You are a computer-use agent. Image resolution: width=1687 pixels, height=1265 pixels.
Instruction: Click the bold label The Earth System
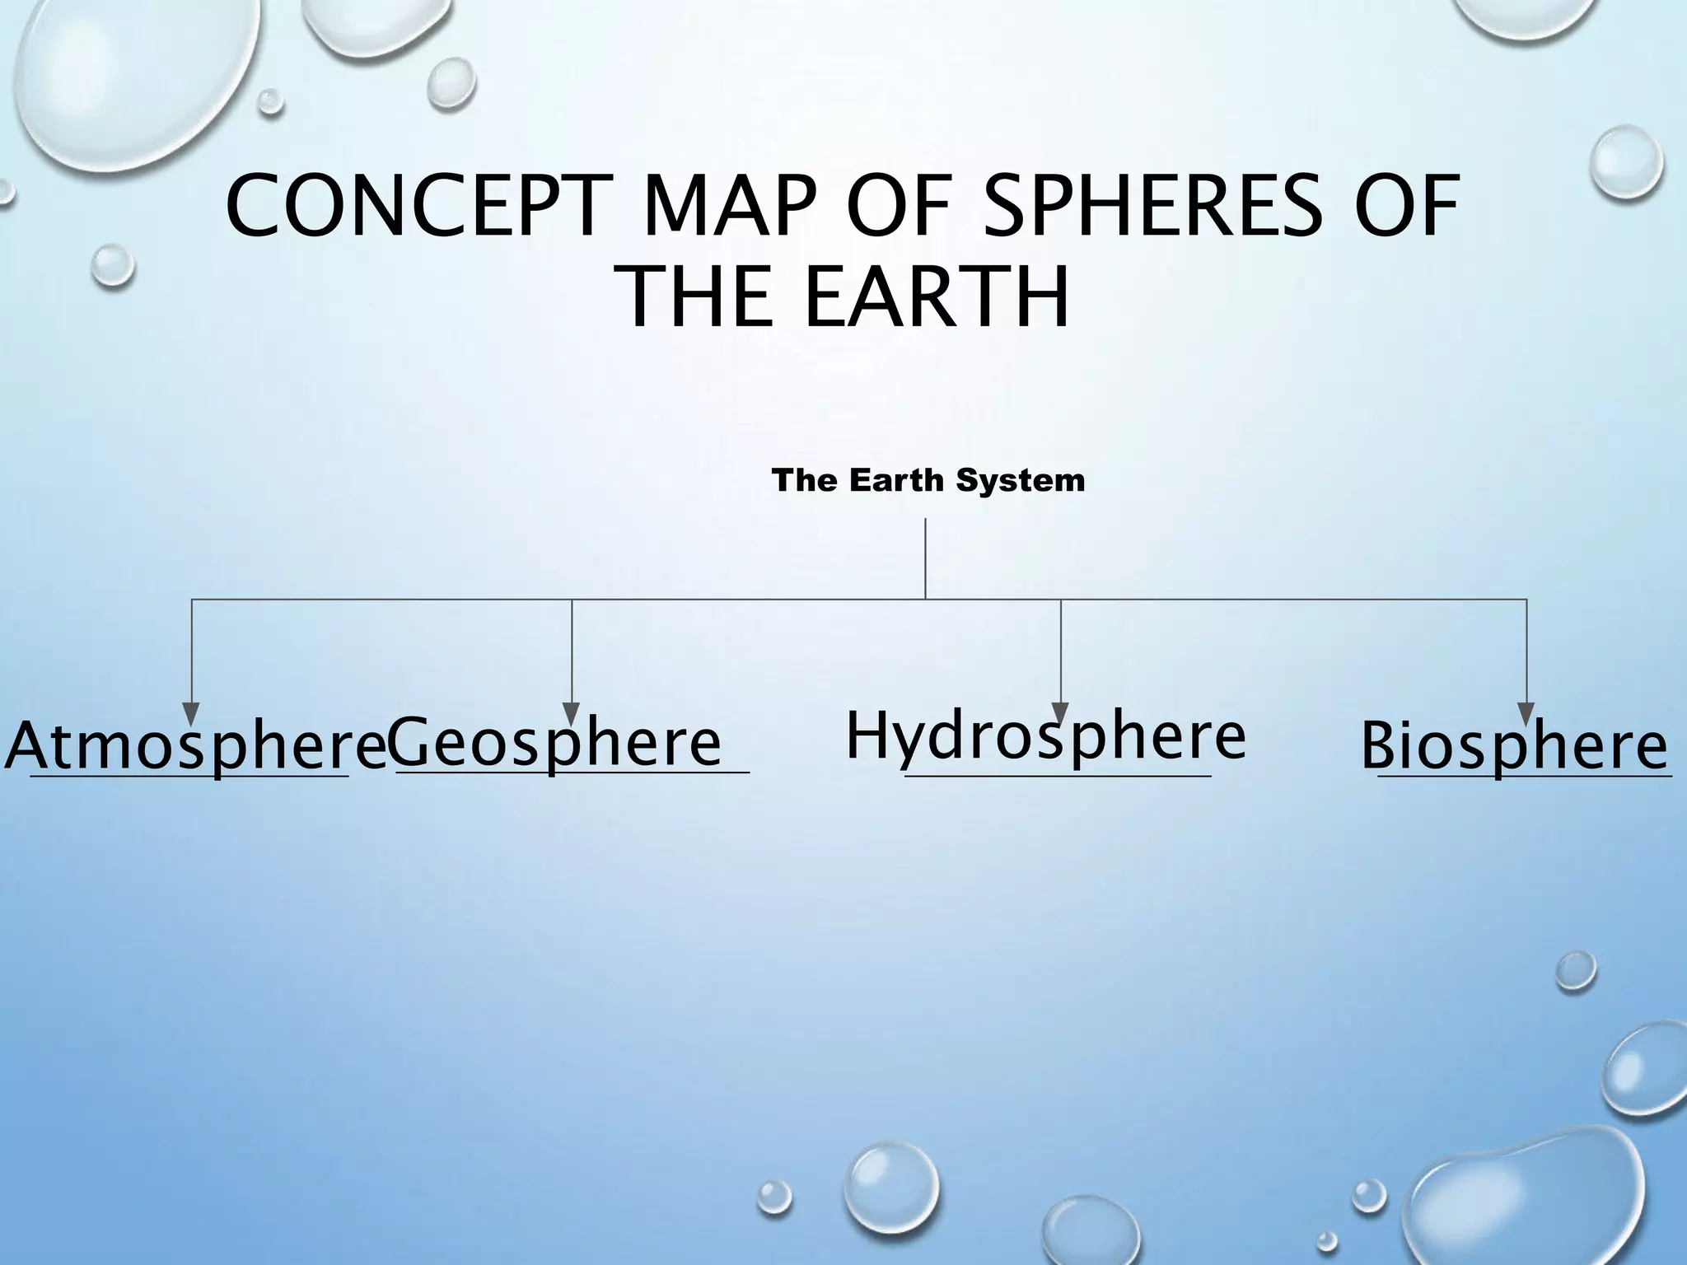(x=928, y=480)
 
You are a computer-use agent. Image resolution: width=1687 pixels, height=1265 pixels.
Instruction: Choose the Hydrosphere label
(x=1045, y=735)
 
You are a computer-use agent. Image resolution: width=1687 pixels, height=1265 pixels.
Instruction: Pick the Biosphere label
(x=1515, y=746)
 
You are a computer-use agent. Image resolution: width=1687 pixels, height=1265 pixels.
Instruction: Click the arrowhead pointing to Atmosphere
(x=191, y=713)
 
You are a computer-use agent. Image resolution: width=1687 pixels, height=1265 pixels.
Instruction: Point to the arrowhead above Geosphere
(x=571, y=713)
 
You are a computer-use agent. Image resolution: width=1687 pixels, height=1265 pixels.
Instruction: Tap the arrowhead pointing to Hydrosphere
(x=1060, y=713)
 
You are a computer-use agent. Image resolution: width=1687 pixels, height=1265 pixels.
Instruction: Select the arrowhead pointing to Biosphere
(x=1526, y=713)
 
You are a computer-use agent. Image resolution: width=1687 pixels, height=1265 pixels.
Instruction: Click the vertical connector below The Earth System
(x=925, y=558)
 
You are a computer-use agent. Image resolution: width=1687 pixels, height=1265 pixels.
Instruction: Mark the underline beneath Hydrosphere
(x=1058, y=776)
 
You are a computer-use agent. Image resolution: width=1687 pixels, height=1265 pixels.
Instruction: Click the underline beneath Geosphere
(x=572, y=773)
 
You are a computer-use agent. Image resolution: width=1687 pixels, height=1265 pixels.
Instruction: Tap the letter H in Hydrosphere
(x=864, y=735)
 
